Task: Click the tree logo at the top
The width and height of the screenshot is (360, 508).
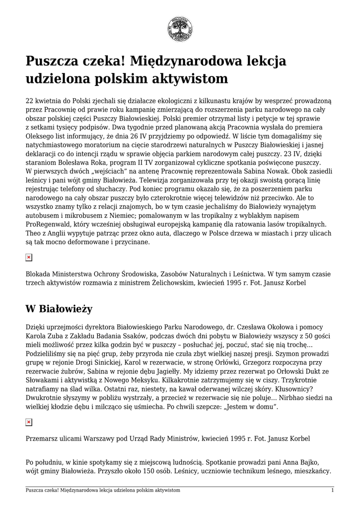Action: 180,28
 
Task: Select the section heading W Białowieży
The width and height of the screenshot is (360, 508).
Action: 59,309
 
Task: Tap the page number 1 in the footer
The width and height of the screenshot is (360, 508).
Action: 332,490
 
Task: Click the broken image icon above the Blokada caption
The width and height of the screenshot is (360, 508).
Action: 29,257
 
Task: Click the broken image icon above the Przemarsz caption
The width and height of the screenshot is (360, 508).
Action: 29,422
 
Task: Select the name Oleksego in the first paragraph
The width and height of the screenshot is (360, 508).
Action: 41,135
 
